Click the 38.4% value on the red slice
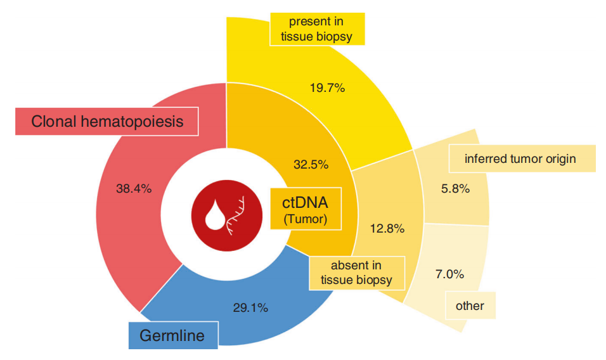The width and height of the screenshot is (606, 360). tap(134, 188)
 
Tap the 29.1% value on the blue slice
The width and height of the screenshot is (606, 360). tap(250, 308)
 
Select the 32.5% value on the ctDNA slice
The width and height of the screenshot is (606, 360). tap(311, 165)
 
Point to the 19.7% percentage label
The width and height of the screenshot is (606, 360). tap(327, 88)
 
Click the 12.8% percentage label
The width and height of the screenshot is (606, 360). tap(387, 229)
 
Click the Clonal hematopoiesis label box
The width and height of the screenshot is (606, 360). tap(107, 121)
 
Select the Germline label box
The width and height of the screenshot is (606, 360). tap(173, 335)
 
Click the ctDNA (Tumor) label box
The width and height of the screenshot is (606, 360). tap(304, 209)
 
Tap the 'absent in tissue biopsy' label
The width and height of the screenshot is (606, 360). tap(356, 273)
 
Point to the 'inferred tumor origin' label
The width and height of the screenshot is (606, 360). tap(520, 158)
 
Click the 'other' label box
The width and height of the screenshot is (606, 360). tap(470, 306)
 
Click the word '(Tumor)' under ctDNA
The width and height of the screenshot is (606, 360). tap(304, 219)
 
